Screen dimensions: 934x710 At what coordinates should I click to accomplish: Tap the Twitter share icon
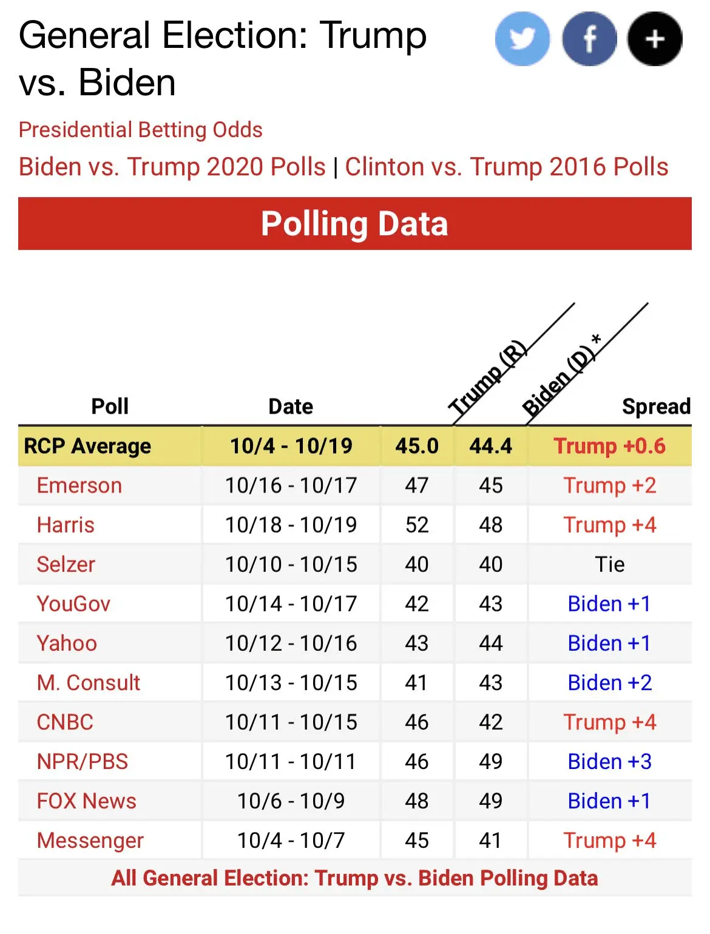click(522, 39)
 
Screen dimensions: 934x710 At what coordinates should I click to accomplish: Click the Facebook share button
click(589, 39)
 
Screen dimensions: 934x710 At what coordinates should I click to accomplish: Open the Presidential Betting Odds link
click(140, 130)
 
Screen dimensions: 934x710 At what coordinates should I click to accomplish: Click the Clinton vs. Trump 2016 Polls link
click(507, 167)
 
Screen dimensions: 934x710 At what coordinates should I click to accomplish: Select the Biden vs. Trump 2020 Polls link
click(172, 167)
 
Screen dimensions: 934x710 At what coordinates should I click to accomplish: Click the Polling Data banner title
click(354, 224)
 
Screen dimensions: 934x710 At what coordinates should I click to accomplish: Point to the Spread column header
click(656, 406)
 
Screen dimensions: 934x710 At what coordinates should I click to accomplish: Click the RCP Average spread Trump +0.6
click(609, 446)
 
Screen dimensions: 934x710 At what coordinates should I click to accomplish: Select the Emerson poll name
click(79, 486)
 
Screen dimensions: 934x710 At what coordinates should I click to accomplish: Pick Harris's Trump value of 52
click(417, 525)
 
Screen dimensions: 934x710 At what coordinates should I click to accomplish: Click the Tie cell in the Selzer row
click(609, 565)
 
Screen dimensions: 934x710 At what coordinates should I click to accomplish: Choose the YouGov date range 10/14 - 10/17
click(291, 604)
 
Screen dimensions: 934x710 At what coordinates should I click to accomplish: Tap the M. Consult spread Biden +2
click(609, 683)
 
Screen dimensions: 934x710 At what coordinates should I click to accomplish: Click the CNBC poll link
click(65, 722)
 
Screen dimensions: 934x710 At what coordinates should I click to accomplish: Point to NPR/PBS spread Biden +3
click(609, 762)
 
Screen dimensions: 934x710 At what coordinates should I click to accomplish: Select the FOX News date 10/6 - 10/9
click(291, 801)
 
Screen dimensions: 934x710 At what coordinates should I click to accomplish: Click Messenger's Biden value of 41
click(490, 841)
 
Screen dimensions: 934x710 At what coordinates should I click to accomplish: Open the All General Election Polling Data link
click(354, 878)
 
